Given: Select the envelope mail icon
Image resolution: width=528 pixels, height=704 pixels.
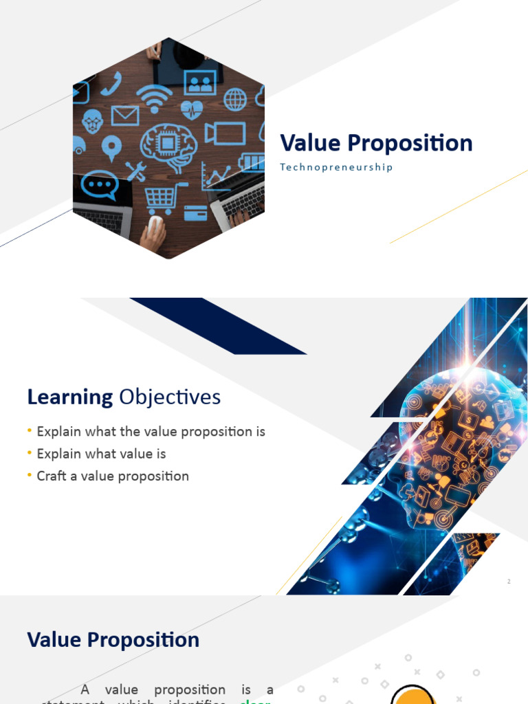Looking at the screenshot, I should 124,115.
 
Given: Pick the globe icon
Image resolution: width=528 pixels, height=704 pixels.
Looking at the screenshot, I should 235,100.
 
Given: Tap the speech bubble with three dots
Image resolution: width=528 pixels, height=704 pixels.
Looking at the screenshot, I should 100,185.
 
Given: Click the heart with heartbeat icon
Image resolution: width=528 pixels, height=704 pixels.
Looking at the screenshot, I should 192,109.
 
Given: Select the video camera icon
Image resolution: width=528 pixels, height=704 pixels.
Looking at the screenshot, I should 225,133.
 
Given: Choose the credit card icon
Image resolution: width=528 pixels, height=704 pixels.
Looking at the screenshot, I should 196,214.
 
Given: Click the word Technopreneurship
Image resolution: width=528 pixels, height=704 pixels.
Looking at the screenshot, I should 336,167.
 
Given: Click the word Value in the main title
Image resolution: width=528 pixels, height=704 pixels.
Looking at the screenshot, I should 310,143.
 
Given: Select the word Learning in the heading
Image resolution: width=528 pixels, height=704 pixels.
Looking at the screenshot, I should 70,397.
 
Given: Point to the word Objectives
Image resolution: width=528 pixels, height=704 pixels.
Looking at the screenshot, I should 170,397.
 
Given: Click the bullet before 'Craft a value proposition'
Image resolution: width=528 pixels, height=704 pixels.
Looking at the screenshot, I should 30,475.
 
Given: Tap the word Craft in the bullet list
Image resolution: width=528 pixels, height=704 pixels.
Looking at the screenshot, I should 52,476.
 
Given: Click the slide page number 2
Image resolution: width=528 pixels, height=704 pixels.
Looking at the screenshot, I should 509,582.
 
